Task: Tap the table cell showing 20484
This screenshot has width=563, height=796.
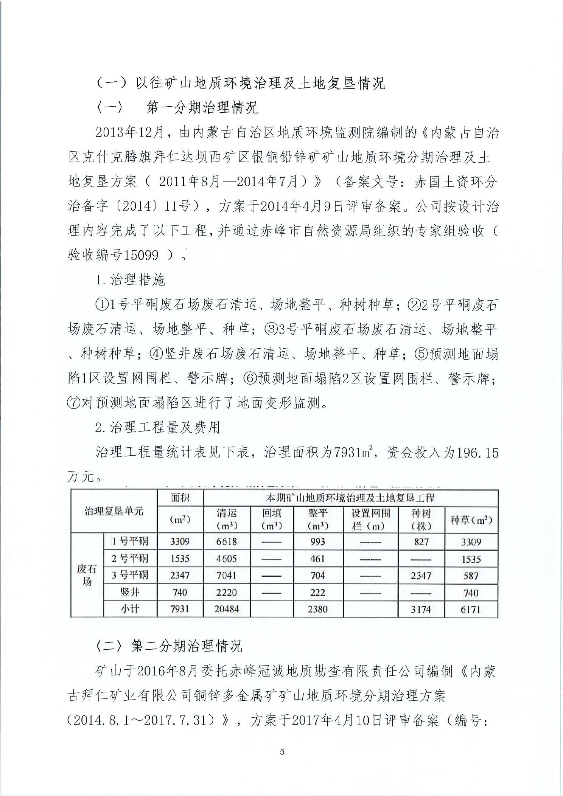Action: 227,609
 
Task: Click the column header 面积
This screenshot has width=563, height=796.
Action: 180,498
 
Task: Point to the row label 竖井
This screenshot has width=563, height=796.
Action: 130,592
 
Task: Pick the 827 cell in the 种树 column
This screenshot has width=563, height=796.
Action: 421,542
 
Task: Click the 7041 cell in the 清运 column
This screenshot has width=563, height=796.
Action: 227,576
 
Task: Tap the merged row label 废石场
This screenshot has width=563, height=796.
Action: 87,575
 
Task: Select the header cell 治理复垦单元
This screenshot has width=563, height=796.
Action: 114,512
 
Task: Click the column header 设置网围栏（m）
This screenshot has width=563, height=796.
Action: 370,520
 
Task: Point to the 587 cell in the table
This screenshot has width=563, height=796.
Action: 471,576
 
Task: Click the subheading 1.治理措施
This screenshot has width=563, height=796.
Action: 131,280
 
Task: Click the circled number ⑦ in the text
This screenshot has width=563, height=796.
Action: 73,403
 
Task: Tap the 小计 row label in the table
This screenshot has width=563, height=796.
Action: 130,609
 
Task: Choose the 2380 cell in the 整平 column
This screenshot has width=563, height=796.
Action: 318,609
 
